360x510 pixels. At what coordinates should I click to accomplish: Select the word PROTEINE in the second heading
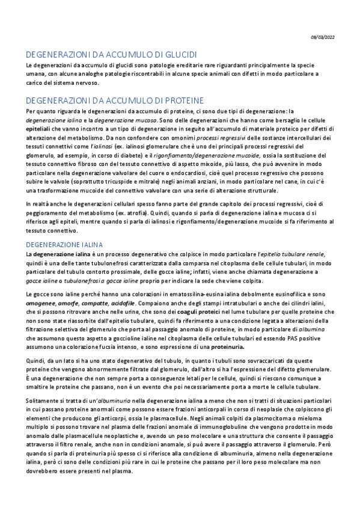(x=185, y=100)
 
